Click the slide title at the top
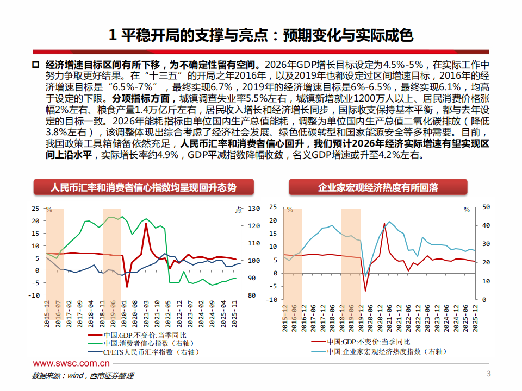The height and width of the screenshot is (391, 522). click(261, 35)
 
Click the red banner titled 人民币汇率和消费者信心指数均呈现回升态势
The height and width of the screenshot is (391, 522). click(144, 188)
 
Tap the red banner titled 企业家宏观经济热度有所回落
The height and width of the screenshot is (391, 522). click(378, 188)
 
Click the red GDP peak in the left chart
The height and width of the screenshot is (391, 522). click(146, 223)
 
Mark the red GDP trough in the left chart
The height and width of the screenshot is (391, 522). click(127, 287)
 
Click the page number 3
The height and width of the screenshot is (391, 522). click(488, 374)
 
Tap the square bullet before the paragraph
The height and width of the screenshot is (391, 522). click(36, 65)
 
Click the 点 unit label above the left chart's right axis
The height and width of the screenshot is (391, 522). click(238, 210)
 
